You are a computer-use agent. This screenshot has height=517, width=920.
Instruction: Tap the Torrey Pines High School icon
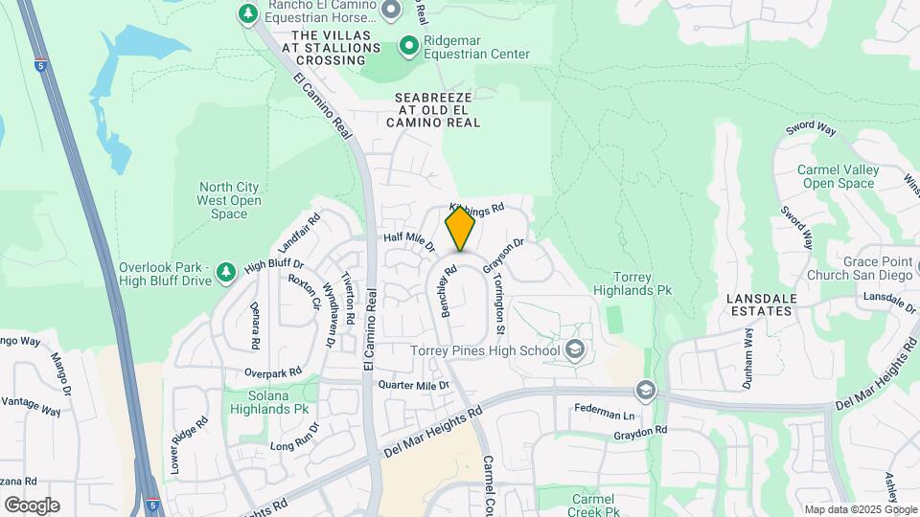pos(575,349)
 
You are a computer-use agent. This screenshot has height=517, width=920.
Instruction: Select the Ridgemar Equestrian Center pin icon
pos(409,45)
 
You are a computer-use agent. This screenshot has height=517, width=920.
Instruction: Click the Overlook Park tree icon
pos(226,273)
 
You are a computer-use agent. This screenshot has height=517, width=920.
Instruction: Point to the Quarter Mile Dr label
pos(414,385)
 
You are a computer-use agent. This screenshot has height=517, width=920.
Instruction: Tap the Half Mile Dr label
pos(409,241)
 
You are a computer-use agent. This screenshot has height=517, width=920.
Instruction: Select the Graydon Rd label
pos(640,434)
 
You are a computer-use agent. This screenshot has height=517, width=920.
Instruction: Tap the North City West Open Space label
pos(229,200)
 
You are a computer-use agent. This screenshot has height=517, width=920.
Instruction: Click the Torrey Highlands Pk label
pos(631,283)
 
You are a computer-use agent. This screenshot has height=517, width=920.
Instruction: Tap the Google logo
pos(32,505)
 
